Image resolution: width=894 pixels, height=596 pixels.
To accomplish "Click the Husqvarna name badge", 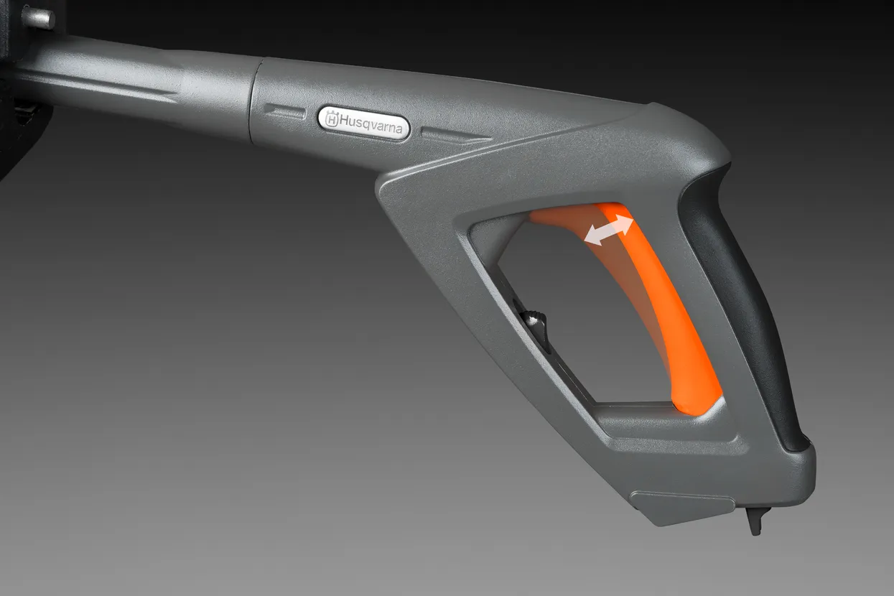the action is pos(364,124).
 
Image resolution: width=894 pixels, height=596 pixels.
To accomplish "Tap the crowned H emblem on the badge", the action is pos(332,119).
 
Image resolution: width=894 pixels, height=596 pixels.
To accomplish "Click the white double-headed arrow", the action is pos(609,230).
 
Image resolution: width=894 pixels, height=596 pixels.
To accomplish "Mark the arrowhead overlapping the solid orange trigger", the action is pos(624,223).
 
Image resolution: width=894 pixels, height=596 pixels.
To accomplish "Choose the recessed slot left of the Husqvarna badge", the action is pos(284,111).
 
